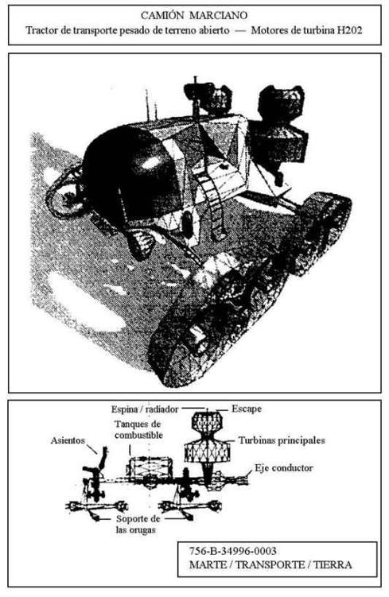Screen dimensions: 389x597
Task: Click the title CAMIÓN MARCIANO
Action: (194, 16)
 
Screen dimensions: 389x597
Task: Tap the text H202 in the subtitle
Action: (349, 30)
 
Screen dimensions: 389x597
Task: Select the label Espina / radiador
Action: (145, 409)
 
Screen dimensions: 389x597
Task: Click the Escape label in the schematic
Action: (247, 409)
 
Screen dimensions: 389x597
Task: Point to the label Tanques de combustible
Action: (138, 429)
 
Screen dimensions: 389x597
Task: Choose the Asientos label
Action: (68, 440)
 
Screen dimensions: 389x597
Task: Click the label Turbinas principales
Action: (282, 440)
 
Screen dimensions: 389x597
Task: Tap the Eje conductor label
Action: (284, 468)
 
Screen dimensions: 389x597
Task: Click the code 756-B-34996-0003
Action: (232, 551)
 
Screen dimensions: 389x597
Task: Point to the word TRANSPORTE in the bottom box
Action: (270, 564)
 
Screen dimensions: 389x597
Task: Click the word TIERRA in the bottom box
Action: (333, 564)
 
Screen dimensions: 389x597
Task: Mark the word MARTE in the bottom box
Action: (208, 564)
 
